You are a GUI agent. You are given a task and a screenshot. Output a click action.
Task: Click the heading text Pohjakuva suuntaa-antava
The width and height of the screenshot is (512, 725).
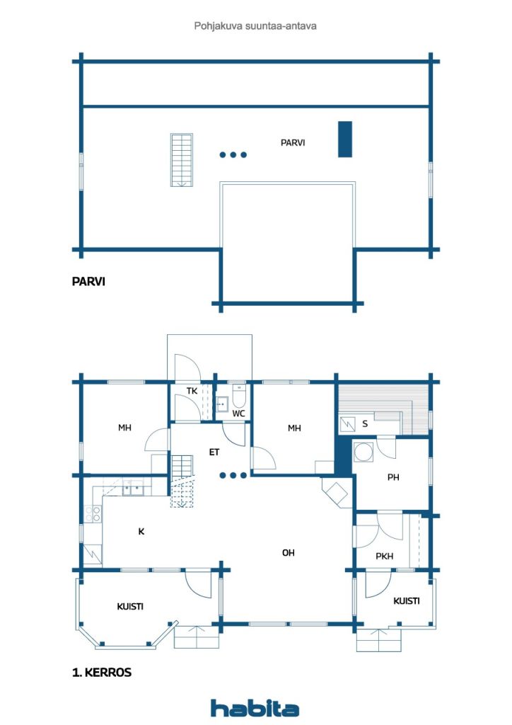pos(255,25)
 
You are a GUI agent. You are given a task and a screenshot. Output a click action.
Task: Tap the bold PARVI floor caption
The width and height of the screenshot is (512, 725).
pos(88,281)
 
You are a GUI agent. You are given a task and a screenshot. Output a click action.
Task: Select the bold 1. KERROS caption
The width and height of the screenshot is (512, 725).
pos(101,673)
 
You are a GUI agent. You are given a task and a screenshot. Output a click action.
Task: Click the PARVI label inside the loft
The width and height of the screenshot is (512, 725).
pos(293,143)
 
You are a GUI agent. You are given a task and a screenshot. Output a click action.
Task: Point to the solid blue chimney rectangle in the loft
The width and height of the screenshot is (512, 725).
pos(345,139)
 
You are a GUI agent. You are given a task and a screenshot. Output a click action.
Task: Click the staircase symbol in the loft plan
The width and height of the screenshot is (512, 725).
pos(181,160)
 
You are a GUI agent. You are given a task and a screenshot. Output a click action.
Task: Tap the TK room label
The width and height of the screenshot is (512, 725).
pos(192,391)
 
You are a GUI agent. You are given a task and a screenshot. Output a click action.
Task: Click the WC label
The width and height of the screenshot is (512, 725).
pos(238,413)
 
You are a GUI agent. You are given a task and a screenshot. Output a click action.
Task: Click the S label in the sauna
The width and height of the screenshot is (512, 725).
pos(365,424)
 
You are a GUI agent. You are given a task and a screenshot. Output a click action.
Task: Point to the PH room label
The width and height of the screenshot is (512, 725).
pos(393,478)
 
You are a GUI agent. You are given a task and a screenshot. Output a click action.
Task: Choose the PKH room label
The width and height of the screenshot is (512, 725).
pos(385,556)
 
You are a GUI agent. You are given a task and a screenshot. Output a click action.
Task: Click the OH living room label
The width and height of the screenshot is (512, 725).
pos(289,552)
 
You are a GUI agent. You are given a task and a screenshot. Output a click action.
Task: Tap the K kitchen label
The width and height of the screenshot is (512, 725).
pos(141,531)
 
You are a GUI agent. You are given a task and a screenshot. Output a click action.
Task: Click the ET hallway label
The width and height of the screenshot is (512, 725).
pos(214,451)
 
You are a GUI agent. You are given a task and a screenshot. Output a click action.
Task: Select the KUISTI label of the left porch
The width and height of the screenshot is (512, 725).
pos(130,607)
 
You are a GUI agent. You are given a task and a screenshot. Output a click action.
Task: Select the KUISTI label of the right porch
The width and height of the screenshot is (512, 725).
pos(407,601)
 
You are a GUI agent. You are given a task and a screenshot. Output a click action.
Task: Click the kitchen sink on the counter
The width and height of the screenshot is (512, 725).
pos(132,489)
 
